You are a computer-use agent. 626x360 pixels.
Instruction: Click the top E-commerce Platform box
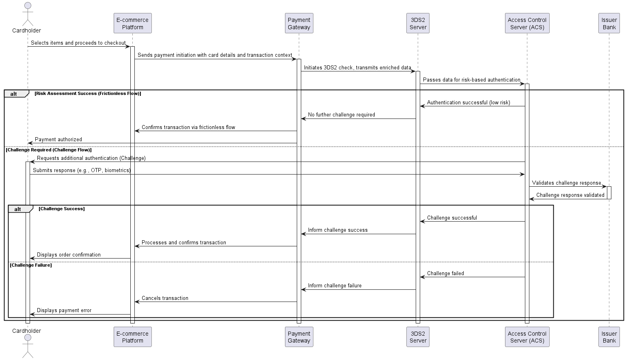tap(132, 23)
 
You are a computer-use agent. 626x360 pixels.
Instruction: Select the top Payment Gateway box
tap(299, 23)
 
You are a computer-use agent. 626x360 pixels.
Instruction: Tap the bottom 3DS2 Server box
tap(418, 337)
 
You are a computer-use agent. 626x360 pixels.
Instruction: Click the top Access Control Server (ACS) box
tap(527, 23)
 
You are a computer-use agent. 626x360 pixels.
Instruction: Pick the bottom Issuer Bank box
tap(609, 337)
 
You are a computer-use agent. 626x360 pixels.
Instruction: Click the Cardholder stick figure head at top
tap(28, 6)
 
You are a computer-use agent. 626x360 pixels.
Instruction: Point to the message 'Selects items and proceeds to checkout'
tap(78, 43)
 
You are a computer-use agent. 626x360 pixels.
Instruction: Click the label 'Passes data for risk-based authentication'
tap(471, 80)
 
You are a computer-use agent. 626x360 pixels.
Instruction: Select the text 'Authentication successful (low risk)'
tap(468, 103)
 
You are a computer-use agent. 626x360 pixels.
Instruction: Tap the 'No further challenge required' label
tap(341, 115)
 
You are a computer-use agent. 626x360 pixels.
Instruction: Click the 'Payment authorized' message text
tap(58, 139)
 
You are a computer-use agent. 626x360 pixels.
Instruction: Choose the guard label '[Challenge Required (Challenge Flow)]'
tap(49, 150)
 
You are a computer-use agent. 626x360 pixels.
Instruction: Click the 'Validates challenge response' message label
tap(566, 183)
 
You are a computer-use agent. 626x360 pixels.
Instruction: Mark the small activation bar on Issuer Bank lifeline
tap(609, 193)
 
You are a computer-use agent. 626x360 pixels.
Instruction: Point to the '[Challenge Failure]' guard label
tap(31, 265)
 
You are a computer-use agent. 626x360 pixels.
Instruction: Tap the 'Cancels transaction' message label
tap(165, 298)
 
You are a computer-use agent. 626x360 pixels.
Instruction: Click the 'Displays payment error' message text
tap(64, 310)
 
